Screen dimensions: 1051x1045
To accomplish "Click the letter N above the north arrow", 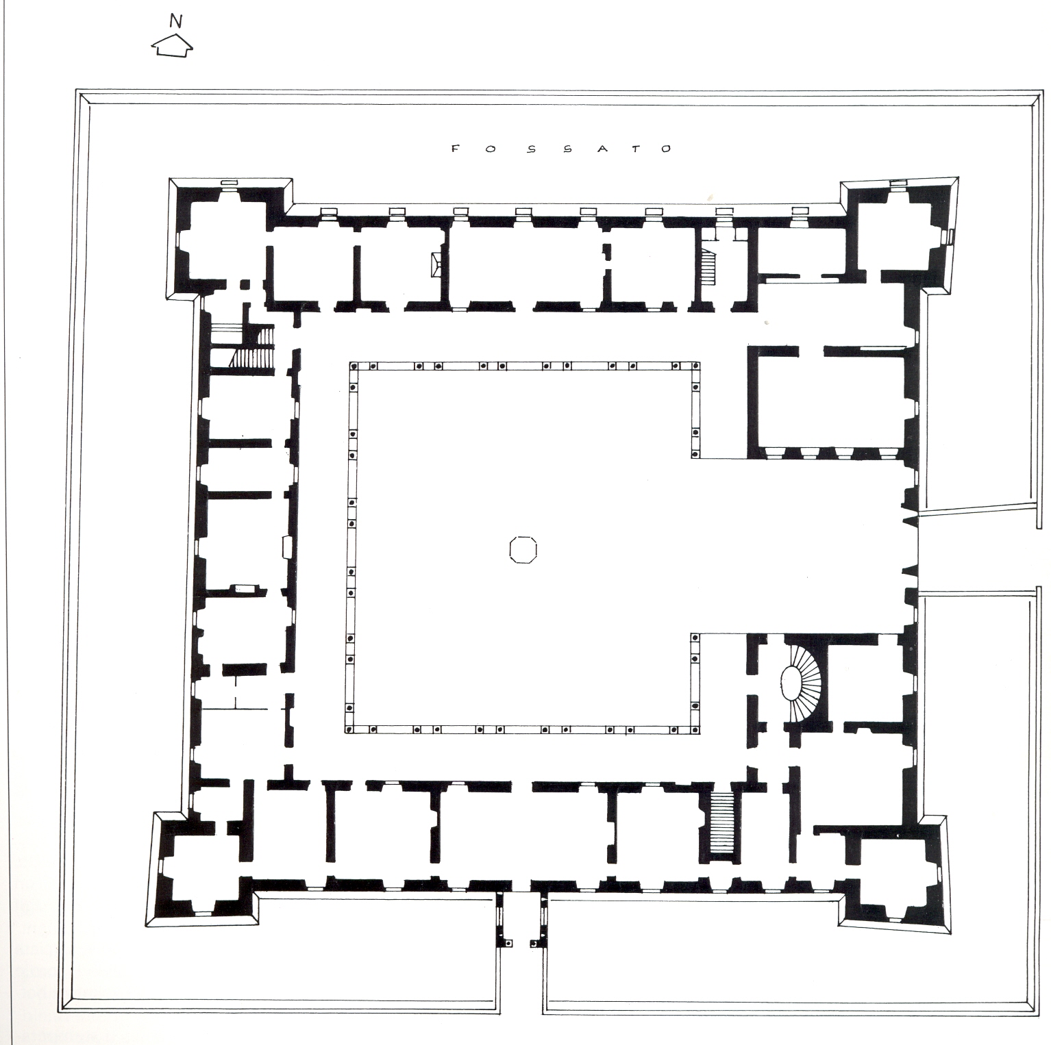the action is click(x=176, y=21).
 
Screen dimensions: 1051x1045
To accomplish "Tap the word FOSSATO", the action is click(x=561, y=149).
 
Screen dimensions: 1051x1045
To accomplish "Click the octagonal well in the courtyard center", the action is click(x=523, y=549).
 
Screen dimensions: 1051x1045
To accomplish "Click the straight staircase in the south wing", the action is click(x=721, y=822).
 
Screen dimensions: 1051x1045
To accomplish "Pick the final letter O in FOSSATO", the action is click(x=667, y=149).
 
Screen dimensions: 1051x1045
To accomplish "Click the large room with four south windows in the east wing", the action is click(x=832, y=400).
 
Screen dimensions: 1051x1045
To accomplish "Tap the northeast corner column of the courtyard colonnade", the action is click(x=696, y=367).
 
